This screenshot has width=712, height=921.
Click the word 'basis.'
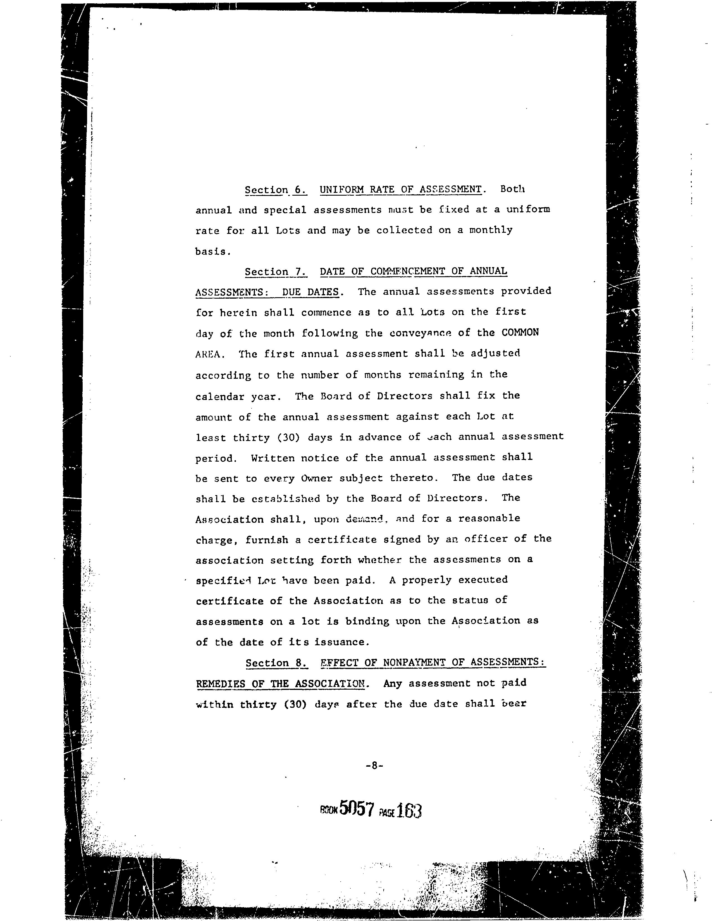click(x=213, y=252)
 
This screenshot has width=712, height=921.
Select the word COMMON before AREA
click(x=520, y=332)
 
